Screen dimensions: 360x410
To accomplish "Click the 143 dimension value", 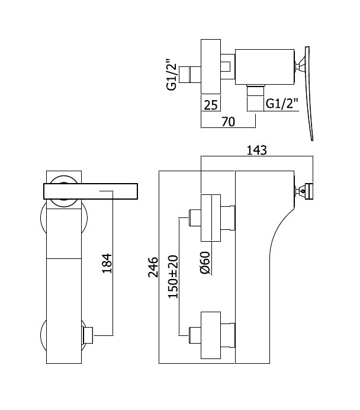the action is point(256,150).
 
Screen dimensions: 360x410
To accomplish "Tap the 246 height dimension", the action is point(153,267).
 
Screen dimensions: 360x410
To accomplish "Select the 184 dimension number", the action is point(107,263).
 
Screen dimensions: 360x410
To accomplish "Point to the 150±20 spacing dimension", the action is point(173,276).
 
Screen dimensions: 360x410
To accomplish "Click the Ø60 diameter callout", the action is point(205,262).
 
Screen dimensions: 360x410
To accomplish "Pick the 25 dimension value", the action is point(211,105).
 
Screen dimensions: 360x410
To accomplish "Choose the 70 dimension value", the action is point(228,121).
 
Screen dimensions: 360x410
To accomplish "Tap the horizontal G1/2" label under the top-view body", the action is point(282,104).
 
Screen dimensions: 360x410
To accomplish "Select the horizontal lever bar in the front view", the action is point(91,191).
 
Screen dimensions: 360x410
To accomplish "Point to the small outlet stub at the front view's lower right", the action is point(87,335).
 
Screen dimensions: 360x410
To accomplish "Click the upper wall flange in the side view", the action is point(211,218).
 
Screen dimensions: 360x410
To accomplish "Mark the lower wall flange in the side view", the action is point(211,335).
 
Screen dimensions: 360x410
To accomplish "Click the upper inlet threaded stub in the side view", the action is point(195,217).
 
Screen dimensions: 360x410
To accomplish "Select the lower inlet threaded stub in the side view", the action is point(195,335).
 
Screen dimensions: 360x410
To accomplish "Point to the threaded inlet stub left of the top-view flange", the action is point(190,75).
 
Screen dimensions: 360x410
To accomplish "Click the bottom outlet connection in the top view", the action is point(255,98).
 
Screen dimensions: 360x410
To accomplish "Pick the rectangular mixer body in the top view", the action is point(265,67).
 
